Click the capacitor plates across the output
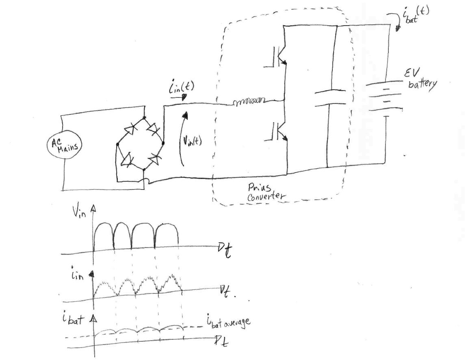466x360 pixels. (330, 97)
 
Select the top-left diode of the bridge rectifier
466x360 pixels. (130, 129)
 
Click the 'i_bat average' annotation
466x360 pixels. (225, 322)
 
